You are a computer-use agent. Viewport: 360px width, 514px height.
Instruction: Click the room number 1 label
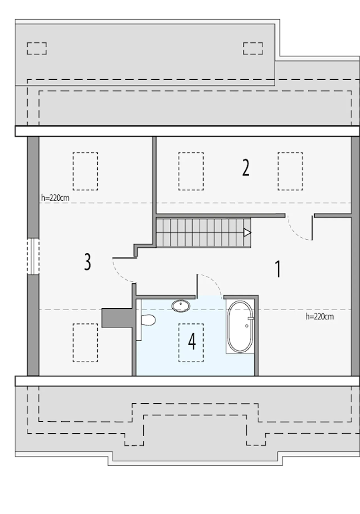point(278,269)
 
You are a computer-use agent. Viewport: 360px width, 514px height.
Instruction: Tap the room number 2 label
point(246,168)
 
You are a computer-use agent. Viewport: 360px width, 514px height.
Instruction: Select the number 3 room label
point(87,262)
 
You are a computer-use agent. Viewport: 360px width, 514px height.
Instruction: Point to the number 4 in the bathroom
point(192,341)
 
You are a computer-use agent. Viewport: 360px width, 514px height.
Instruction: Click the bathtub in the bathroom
point(240,326)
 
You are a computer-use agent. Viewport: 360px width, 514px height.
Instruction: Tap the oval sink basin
point(181,306)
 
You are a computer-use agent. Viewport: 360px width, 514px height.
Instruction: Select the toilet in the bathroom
point(146,320)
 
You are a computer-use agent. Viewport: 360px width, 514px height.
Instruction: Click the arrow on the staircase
point(247,233)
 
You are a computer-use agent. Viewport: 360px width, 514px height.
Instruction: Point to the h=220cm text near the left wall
point(55,198)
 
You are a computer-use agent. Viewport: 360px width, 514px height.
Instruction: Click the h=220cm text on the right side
point(320,317)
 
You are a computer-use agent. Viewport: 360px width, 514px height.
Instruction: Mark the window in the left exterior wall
point(33,256)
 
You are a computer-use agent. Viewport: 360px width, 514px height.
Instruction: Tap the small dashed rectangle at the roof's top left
point(37,48)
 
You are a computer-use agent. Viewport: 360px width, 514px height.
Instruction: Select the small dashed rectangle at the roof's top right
point(253,48)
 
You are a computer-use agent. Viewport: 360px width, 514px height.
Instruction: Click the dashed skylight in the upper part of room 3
point(85,171)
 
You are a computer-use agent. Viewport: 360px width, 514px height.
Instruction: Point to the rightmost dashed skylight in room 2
point(290,171)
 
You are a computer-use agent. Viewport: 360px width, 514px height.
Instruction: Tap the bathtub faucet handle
point(250,318)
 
